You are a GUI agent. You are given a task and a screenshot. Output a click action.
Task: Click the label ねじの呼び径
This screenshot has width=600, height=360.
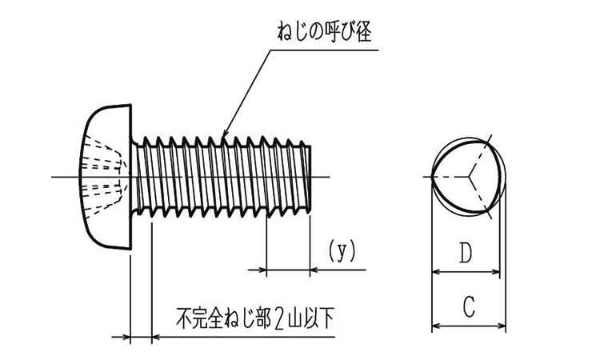click(x=323, y=34)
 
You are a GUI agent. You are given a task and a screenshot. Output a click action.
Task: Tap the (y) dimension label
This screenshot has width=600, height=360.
click(x=342, y=251)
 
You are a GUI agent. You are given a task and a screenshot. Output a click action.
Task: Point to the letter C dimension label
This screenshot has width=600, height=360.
click(x=470, y=306)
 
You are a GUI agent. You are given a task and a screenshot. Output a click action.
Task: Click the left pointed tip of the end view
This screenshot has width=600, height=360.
click(x=433, y=176)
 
